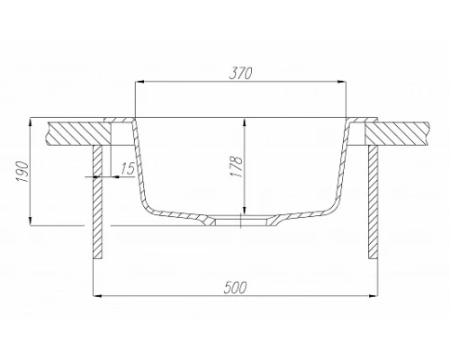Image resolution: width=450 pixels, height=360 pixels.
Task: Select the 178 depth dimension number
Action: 236,166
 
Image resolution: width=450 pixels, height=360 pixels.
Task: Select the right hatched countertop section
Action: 404,131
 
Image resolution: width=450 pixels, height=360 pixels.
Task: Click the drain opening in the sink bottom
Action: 242,220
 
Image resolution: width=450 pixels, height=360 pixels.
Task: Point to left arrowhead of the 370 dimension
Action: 139,82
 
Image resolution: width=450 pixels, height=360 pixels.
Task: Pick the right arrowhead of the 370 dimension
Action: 343,82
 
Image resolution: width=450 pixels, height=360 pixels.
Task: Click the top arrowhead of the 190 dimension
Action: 33,121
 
